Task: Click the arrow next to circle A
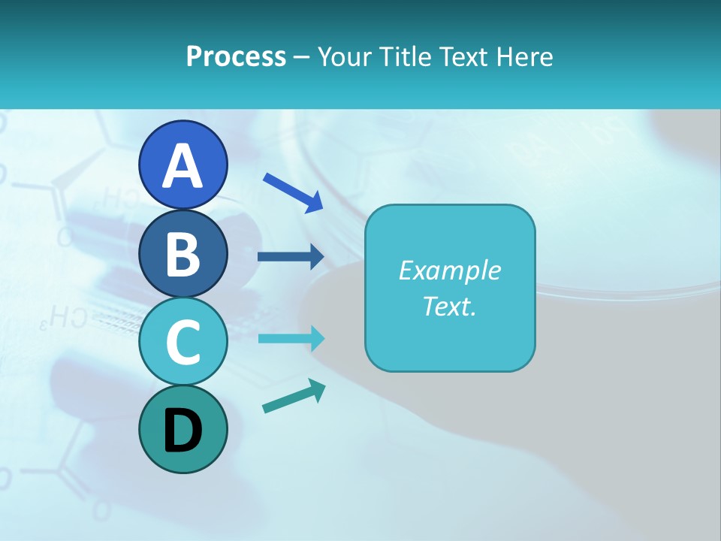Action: tap(294, 192)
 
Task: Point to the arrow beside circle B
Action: tap(291, 257)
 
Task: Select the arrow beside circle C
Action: tap(291, 339)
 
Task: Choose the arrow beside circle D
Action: tap(294, 397)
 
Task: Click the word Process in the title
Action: tap(236, 56)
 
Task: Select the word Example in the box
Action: tap(449, 270)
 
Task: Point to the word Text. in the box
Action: tap(449, 307)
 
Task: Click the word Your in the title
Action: tap(344, 56)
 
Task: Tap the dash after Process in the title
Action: tap(302, 57)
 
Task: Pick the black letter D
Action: tap(183, 431)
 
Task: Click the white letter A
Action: tap(183, 165)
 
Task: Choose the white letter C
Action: tap(183, 342)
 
